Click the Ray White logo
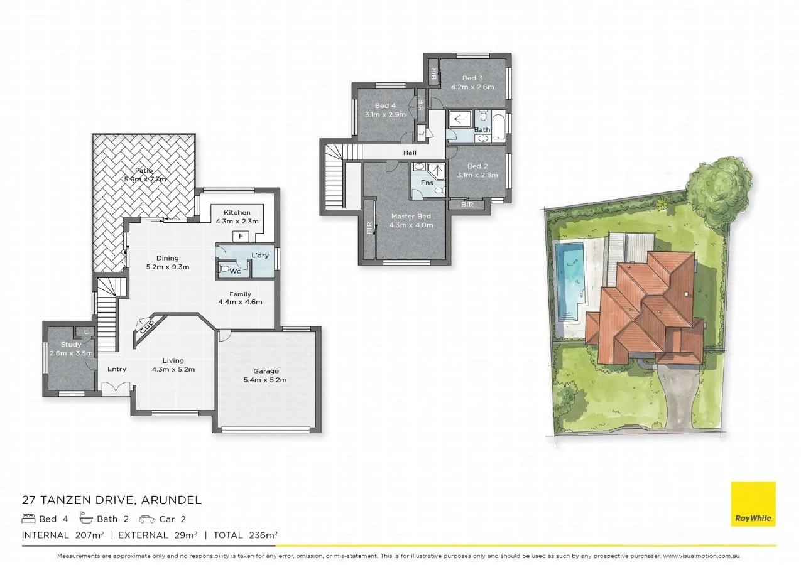[x=753, y=503]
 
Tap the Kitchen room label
[x=233, y=213]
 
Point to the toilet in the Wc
[x=224, y=269]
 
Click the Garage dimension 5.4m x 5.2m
[x=265, y=380]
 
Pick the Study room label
[x=71, y=344]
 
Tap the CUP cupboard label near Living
[x=146, y=326]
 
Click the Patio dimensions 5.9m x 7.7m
[x=144, y=179]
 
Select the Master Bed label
[x=411, y=217]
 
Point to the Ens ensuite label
[x=427, y=183]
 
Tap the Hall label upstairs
[x=410, y=153]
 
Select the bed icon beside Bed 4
[x=28, y=519]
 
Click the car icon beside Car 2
[x=147, y=519]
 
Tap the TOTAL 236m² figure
[x=245, y=535]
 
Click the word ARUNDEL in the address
[x=170, y=500]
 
